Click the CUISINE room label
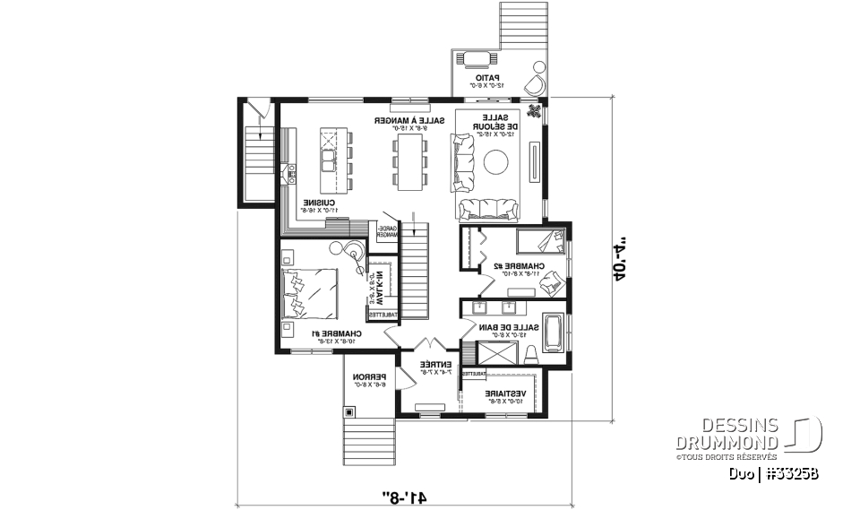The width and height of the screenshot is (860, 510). coord(318,203)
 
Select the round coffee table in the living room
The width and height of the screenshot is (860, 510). coord(497,161)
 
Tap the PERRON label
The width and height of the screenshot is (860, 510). coord(367,377)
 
